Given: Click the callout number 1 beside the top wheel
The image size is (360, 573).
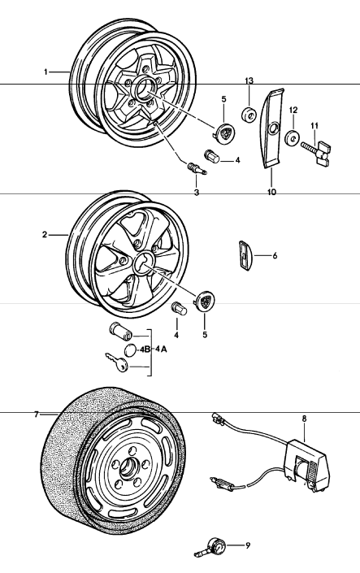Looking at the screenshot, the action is (46, 72).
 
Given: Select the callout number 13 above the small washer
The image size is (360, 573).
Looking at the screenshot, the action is (249, 80).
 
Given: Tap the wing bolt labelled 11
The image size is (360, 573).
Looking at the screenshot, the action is (316, 152).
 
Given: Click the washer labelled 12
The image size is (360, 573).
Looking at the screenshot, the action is (293, 138).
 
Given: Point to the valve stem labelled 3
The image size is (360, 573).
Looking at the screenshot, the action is (197, 169).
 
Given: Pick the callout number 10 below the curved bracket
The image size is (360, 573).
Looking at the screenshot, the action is (272, 192).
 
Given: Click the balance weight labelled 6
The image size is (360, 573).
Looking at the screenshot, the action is (246, 256).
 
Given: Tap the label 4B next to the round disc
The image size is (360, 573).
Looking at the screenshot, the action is (145, 349).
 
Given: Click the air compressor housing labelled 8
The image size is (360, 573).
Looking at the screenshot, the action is (308, 466).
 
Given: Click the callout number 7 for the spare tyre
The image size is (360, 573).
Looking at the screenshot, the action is (37, 415).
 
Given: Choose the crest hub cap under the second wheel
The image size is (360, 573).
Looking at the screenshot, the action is (205, 302).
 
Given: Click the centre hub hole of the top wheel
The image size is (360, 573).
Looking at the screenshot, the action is (143, 89).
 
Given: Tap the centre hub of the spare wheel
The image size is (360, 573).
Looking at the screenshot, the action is (128, 468).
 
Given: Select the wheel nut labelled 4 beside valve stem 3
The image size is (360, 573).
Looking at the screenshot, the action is (213, 156).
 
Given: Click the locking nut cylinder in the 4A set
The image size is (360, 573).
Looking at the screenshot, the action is (120, 332).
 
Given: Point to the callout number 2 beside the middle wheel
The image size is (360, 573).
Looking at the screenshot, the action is (45, 235).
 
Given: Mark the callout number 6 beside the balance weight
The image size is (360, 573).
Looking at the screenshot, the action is (275, 255).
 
